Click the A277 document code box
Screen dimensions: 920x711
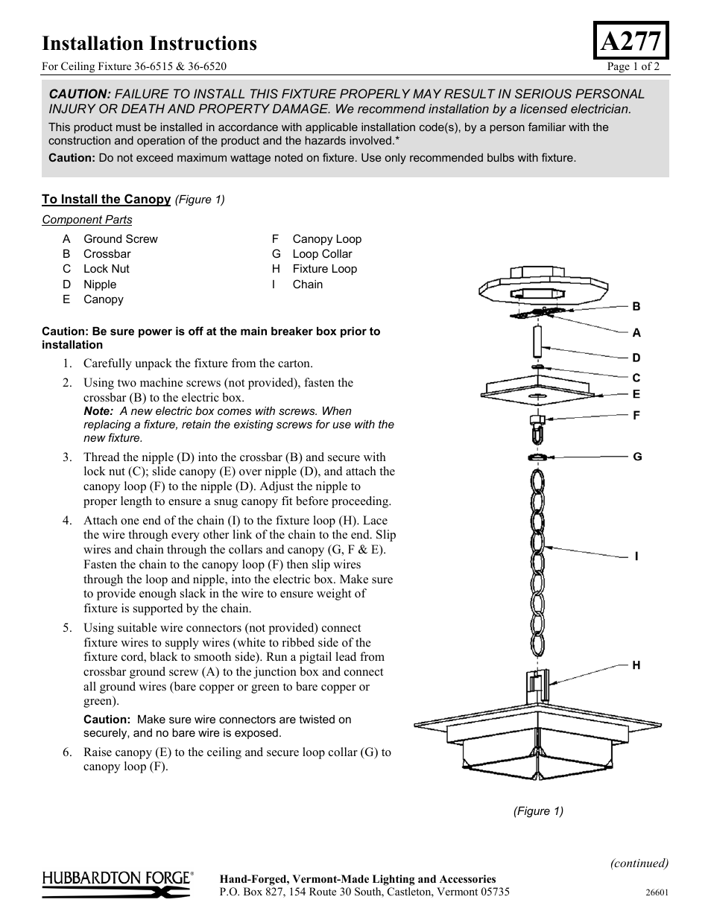[x=631, y=40]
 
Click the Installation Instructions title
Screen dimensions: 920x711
[x=149, y=43]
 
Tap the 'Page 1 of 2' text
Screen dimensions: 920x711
[x=633, y=66]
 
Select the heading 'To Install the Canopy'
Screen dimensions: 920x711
[x=106, y=199]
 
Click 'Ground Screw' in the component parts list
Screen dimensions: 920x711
[x=120, y=239]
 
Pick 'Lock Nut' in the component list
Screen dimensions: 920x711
[x=106, y=269]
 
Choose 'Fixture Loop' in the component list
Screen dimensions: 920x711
[x=324, y=269]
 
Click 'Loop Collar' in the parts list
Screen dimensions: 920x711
[x=322, y=254]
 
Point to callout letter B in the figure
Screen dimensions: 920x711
[x=636, y=306]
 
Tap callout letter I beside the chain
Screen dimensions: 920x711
[x=636, y=556]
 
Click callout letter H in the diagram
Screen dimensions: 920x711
[x=636, y=665]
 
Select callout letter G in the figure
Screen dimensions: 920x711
[x=636, y=457]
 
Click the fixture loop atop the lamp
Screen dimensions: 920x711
[x=537, y=685]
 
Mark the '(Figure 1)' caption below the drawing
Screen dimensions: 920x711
[x=537, y=811]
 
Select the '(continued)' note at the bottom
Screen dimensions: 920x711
[x=639, y=863]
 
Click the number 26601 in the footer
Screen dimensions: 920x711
[x=657, y=892]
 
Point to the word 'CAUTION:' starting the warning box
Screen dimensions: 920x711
[x=80, y=94]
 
